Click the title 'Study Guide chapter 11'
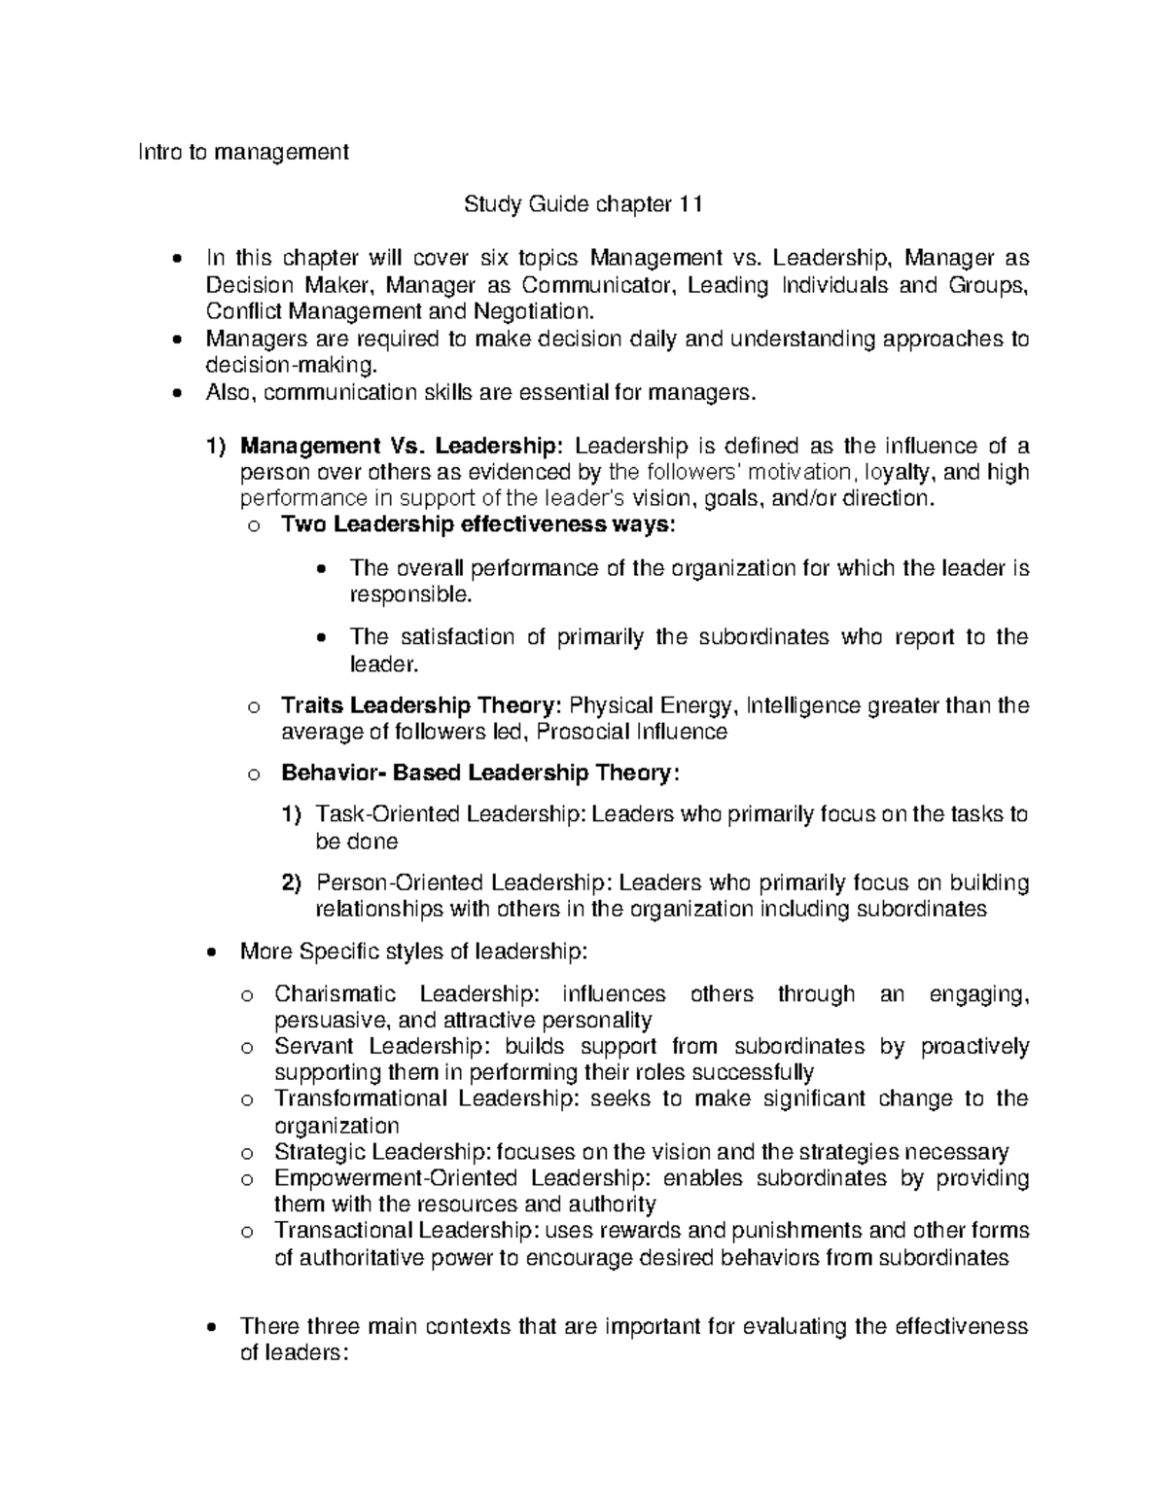point(583,205)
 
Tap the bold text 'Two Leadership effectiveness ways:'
point(477,525)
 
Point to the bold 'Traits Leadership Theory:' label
point(421,705)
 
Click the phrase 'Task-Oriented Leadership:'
point(452,814)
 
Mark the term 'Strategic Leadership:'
point(383,1153)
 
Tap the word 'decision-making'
point(288,367)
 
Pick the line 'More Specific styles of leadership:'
point(413,951)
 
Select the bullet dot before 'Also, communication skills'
point(175,394)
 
